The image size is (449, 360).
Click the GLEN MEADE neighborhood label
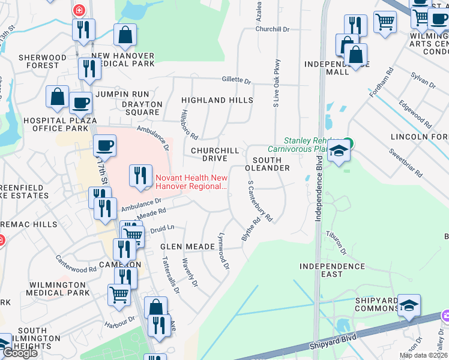[x=187, y=247]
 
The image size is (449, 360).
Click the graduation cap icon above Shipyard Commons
[x=409, y=305]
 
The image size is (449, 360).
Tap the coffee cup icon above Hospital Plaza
[x=80, y=103]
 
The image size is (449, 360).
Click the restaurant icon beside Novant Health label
[x=140, y=175]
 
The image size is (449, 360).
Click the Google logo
[x=20, y=353]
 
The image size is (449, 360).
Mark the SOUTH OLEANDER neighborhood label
[x=271, y=164]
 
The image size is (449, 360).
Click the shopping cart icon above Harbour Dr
[x=119, y=294]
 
